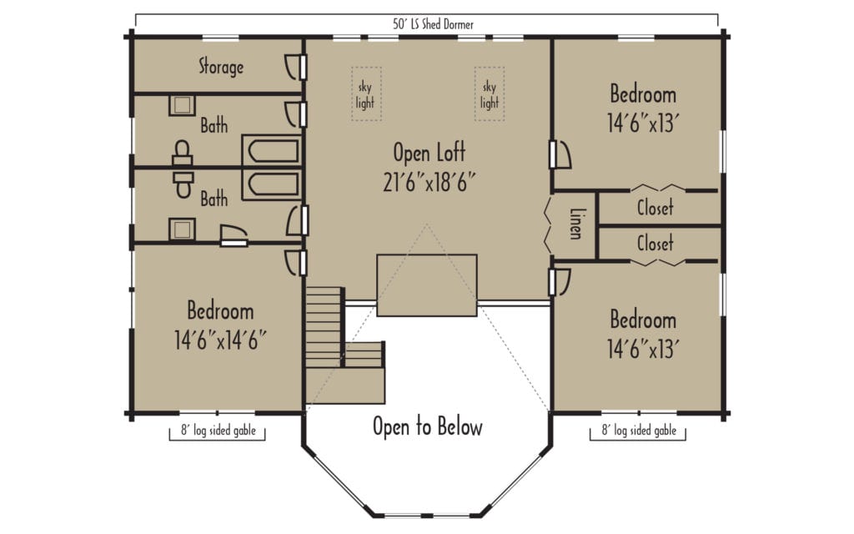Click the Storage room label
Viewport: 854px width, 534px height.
pos(220,67)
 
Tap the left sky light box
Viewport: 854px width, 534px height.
pos(366,93)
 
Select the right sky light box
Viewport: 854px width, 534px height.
pos(489,93)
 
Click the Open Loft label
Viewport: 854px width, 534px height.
pos(430,153)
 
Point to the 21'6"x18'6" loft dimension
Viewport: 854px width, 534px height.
pos(430,182)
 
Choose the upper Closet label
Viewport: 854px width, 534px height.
pos(656,207)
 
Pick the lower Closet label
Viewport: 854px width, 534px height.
pos(656,243)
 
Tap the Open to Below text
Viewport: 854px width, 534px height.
pos(428,426)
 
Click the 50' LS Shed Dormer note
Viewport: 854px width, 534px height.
pos(433,24)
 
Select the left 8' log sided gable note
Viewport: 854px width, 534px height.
pos(218,430)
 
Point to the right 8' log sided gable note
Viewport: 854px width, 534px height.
pos(638,430)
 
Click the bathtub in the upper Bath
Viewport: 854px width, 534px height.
pos(272,150)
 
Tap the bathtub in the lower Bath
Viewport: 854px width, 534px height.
pos(272,184)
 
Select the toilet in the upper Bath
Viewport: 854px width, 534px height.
pos(183,154)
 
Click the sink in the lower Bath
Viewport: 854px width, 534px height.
pos(182,229)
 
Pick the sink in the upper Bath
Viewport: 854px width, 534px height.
pos(182,105)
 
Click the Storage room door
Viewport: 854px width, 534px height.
pos(296,67)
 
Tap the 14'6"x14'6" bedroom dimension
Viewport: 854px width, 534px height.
pos(220,340)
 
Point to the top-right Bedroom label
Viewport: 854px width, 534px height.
pos(643,93)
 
